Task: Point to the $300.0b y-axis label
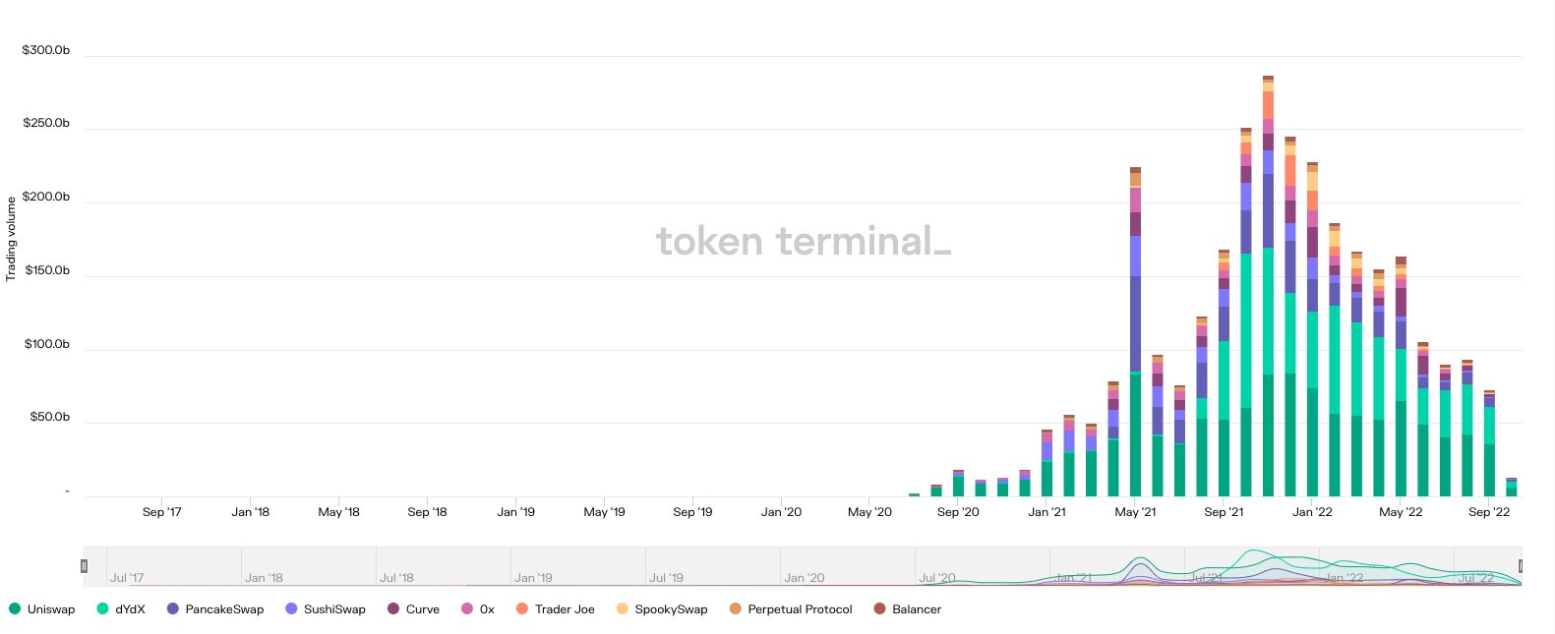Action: click(x=46, y=50)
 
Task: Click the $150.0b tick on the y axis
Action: click(x=47, y=270)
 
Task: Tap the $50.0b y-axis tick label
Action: click(x=50, y=417)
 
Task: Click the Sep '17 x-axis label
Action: click(x=161, y=512)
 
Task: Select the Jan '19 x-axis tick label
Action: click(x=515, y=512)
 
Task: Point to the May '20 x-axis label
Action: click(x=869, y=512)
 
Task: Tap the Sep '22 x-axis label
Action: click(x=1488, y=512)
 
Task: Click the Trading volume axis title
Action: click(x=11, y=239)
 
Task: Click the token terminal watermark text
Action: click(x=803, y=241)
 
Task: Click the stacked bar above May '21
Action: click(x=1135, y=334)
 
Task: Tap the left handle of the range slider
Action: click(x=84, y=566)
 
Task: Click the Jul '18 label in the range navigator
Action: click(x=396, y=578)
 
